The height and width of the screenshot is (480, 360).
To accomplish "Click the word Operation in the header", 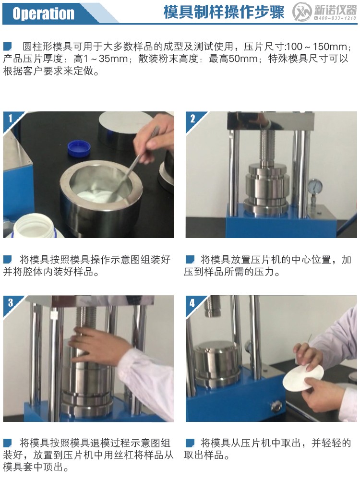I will (x=43, y=13).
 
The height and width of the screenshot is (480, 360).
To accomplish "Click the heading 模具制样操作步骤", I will (x=224, y=12).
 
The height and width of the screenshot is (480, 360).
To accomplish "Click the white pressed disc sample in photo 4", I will (x=302, y=377).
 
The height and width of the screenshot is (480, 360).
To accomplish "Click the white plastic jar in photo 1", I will (x=34, y=226).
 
